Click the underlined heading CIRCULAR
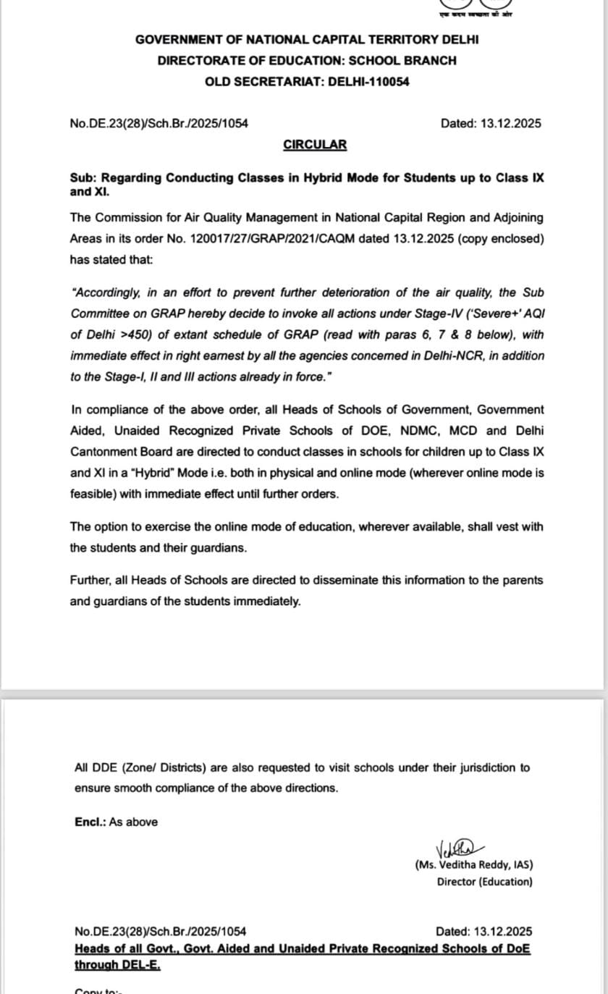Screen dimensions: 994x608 (x=315, y=145)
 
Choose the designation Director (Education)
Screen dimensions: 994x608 (x=484, y=882)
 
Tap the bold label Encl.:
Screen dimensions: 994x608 (x=90, y=822)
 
